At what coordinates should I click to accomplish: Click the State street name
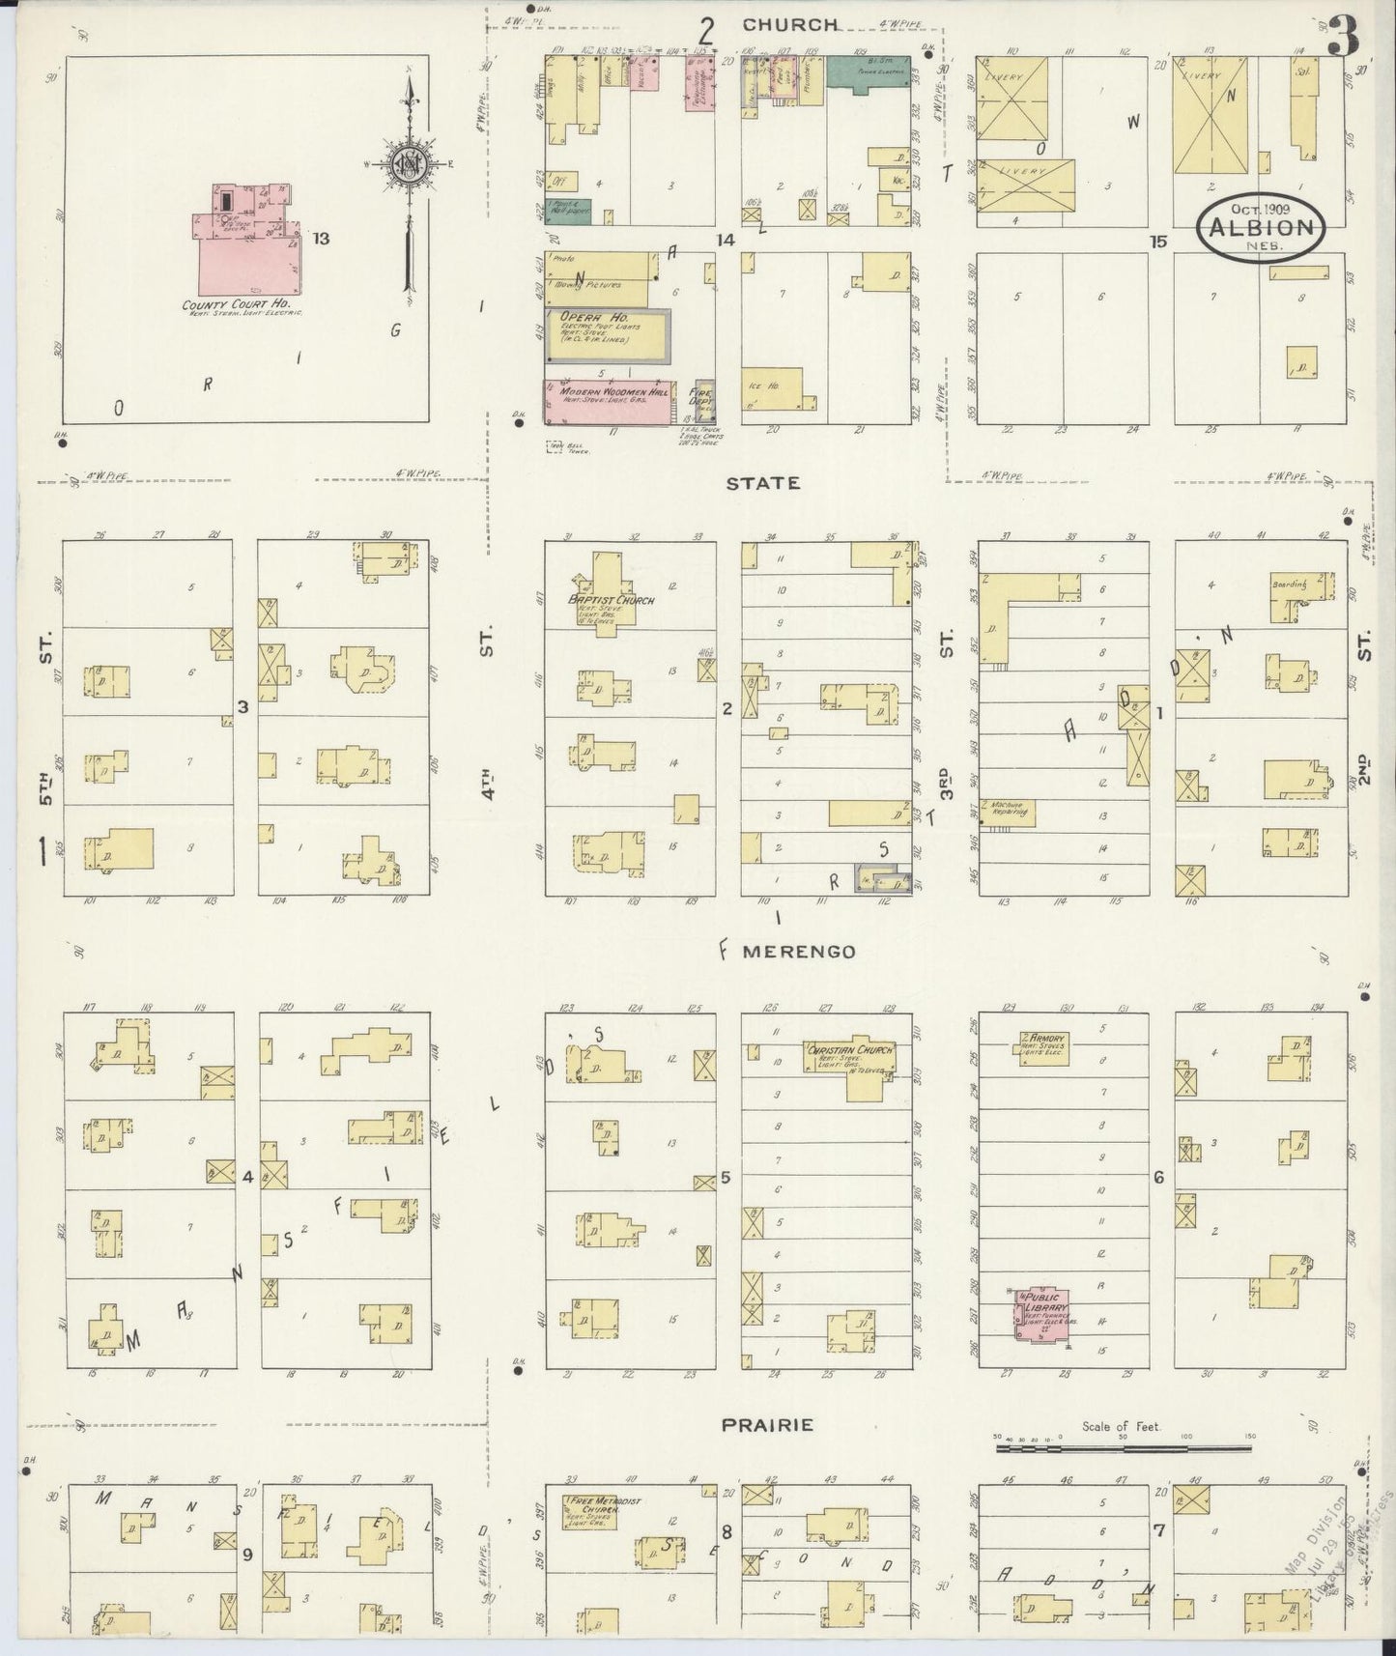764,482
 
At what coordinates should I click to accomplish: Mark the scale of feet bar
1123,1447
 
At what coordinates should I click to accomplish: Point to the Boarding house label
1290,584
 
